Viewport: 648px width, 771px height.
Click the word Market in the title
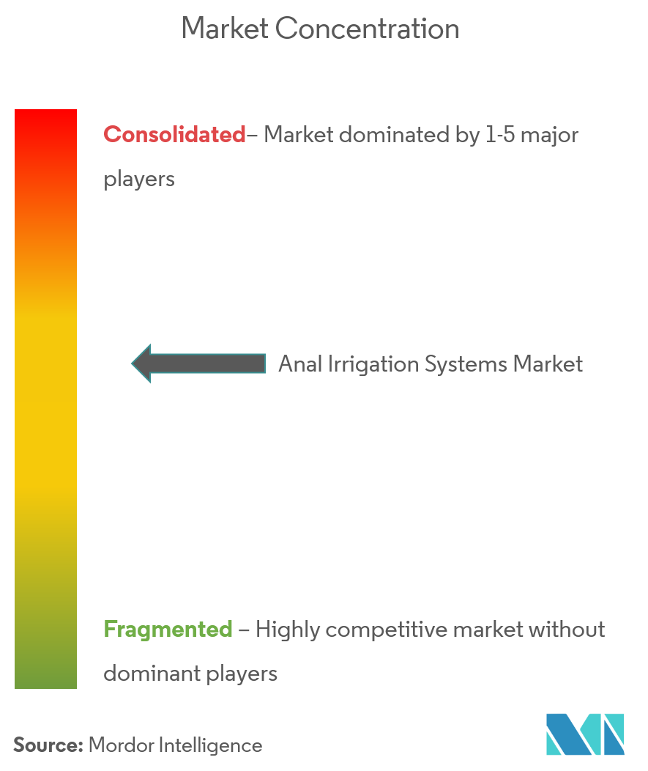pyautogui.click(x=225, y=29)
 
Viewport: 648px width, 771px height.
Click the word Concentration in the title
pyautogui.click(x=368, y=29)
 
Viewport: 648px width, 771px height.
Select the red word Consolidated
pyautogui.click(x=174, y=134)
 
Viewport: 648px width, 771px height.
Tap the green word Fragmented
pyautogui.click(x=168, y=629)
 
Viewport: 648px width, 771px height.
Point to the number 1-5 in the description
pyautogui.click(x=499, y=134)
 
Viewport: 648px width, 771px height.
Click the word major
pyautogui.click(x=549, y=136)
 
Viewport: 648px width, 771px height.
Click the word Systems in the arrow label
pyautogui.click(x=466, y=364)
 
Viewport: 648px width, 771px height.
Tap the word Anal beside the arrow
pyautogui.click(x=300, y=364)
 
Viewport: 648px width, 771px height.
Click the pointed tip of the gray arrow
pyautogui.click(x=132, y=364)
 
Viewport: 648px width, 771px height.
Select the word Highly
pyautogui.click(x=288, y=630)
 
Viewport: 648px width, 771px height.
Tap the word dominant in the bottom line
pyautogui.click(x=152, y=673)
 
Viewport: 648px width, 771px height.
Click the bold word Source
pyautogui.click(x=48, y=745)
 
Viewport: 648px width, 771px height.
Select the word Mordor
pyautogui.click(x=122, y=745)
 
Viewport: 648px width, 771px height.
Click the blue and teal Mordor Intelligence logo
pyautogui.click(x=585, y=734)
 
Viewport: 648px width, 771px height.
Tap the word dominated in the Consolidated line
pyautogui.click(x=393, y=134)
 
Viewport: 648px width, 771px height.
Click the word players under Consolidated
pyautogui.click(x=139, y=180)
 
